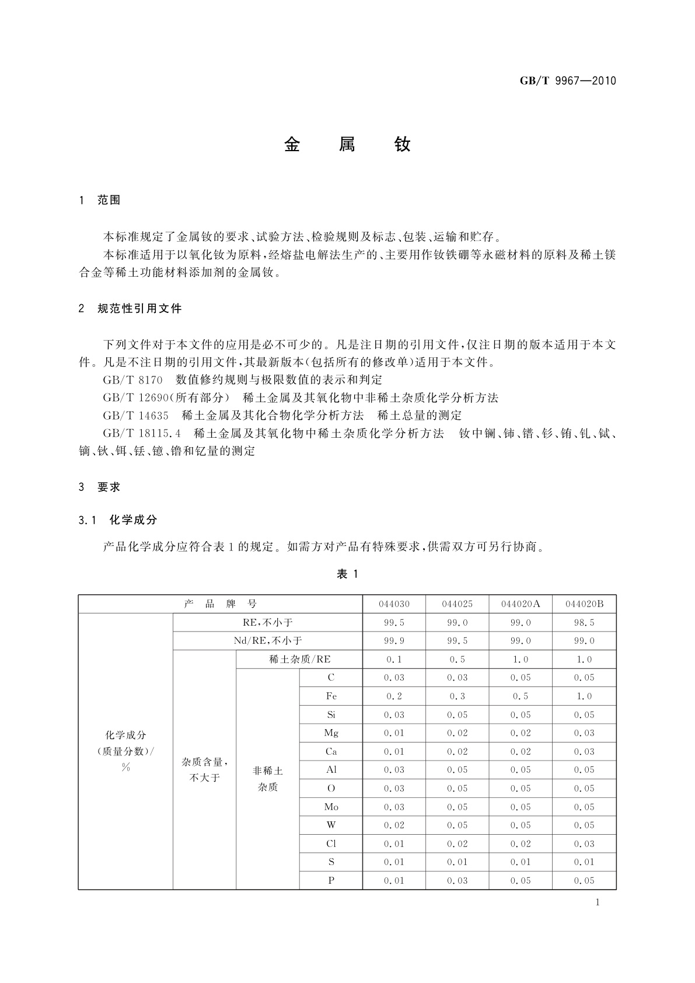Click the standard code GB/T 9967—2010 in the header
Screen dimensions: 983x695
(x=567, y=81)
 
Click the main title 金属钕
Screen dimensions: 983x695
(x=347, y=145)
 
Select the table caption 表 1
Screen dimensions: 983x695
(x=347, y=574)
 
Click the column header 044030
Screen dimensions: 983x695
(x=394, y=604)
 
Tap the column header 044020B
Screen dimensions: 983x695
(x=584, y=604)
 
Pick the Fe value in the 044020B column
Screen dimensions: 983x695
(x=584, y=696)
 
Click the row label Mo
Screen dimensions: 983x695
(x=331, y=807)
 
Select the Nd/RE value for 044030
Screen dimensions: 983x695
(x=394, y=641)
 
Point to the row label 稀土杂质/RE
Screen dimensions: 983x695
(x=299, y=660)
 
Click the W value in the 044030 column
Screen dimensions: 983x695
(x=394, y=825)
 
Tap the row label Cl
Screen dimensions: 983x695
(x=331, y=844)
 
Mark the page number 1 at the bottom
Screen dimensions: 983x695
(x=597, y=902)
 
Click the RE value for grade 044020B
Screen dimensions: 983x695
(x=584, y=623)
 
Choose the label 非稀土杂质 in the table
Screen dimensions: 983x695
(x=268, y=779)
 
